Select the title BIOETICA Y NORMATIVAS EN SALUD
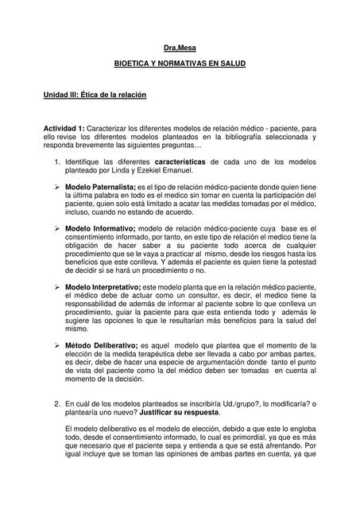[x=180, y=63]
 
